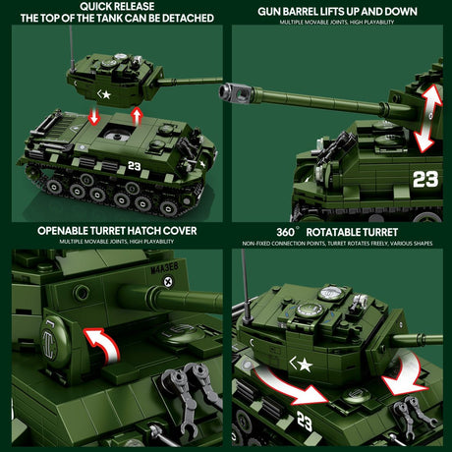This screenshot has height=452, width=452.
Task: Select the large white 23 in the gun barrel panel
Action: [x=424, y=179]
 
